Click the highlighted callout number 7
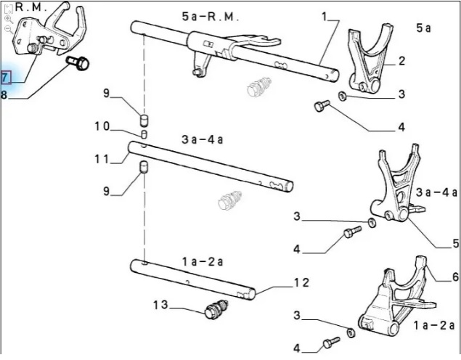(x=5, y=78)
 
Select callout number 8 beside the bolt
(x=4, y=95)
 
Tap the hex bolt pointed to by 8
(x=79, y=63)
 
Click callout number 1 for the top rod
(x=325, y=17)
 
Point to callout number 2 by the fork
(x=401, y=61)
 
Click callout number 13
(x=160, y=305)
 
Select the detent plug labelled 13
(x=216, y=309)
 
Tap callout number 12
(x=302, y=283)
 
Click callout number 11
(x=102, y=159)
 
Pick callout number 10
(x=102, y=126)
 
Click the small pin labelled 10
(x=144, y=134)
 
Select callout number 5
(x=455, y=243)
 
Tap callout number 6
(x=455, y=277)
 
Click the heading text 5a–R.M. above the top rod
(x=210, y=17)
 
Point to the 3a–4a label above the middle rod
(x=203, y=139)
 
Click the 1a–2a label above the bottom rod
(x=203, y=261)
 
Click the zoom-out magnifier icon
(x=9, y=29)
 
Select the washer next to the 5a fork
(x=342, y=96)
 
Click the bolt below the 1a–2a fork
(x=331, y=343)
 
